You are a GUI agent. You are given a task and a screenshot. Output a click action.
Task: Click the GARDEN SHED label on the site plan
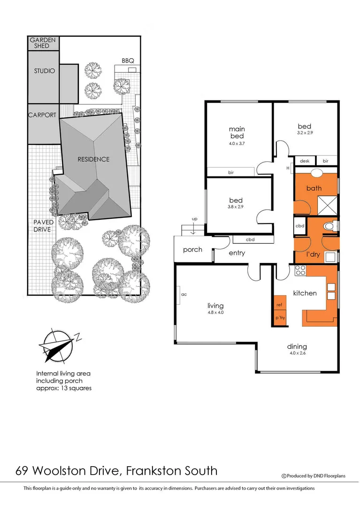(43, 43)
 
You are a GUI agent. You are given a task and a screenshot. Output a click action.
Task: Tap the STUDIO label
(44, 71)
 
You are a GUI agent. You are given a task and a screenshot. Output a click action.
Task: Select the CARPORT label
(42, 115)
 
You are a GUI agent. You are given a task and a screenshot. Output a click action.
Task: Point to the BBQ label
(128, 61)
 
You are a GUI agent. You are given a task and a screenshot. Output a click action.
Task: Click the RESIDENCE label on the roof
(93, 159)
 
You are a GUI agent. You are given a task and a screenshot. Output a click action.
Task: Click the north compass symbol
(57, 346)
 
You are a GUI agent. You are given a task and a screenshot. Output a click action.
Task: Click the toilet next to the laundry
(330, 227)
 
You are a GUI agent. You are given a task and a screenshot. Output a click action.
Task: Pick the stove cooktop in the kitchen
(300, 270)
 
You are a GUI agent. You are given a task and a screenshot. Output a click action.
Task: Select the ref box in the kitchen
(279, 305)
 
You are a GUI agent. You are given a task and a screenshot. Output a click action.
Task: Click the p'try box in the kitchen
(280, 318)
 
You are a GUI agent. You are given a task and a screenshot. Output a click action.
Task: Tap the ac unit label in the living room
(184, 294)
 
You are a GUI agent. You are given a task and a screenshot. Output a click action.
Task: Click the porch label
(192, 249)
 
